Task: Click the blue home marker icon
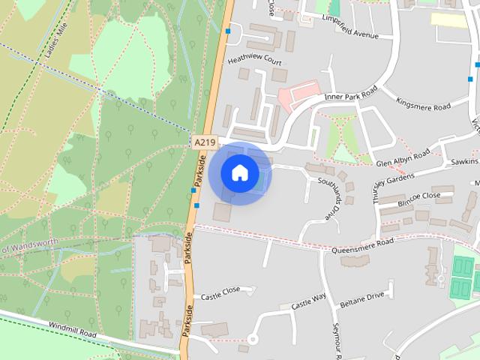click(239, 172)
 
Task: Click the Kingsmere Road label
click(423, 106)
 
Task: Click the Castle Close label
click(220, 289)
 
